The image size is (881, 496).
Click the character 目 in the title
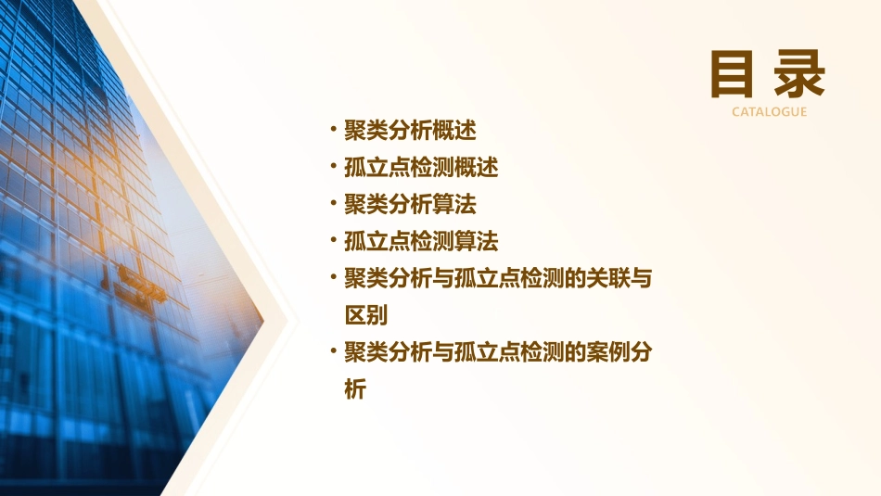[x=733, y=74]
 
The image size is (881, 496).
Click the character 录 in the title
[x=799, y=74]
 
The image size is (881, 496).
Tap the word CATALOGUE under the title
[x=769, y=112]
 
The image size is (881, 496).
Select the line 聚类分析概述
[x=410, y=131]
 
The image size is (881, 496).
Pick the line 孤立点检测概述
[x=421, y=168]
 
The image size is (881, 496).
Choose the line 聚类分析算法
[x=410, y=205]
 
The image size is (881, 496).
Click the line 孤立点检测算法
[x=421, y=242]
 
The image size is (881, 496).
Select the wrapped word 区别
[x=365, y=316]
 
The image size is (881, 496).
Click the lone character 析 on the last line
[x=355, y=390]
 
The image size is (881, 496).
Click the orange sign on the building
[x=142, y=283]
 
